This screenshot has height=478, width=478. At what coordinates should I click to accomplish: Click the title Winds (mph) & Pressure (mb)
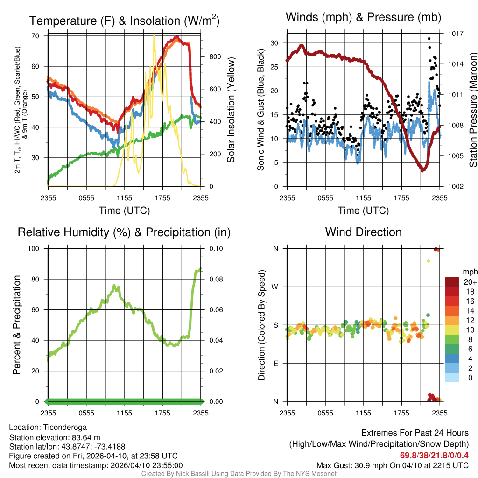[363, 18]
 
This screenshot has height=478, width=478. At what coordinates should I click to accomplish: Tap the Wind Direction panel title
[363, 232]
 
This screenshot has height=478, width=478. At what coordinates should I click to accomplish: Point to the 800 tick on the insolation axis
[215, 57]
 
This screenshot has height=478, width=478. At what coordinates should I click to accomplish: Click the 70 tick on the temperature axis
[35, 36]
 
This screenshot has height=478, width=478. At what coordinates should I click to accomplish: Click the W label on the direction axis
[275, 287]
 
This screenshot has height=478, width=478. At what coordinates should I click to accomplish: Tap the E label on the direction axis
[276, 363]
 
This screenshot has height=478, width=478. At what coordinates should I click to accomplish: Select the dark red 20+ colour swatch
[451, 282]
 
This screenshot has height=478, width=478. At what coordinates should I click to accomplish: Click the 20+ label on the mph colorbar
[470, 282]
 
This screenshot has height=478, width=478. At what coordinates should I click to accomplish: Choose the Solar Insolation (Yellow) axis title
[231, 110]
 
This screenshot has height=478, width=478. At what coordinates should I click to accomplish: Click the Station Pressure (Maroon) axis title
[472, 110]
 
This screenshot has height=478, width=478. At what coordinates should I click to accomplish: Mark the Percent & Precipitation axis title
[17, 325]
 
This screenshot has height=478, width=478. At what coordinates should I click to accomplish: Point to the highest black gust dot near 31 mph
[429, 39]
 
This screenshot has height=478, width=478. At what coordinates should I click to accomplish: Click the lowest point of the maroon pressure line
[422, 170]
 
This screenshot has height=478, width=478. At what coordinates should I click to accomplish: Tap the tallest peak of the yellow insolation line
[154, 36]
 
